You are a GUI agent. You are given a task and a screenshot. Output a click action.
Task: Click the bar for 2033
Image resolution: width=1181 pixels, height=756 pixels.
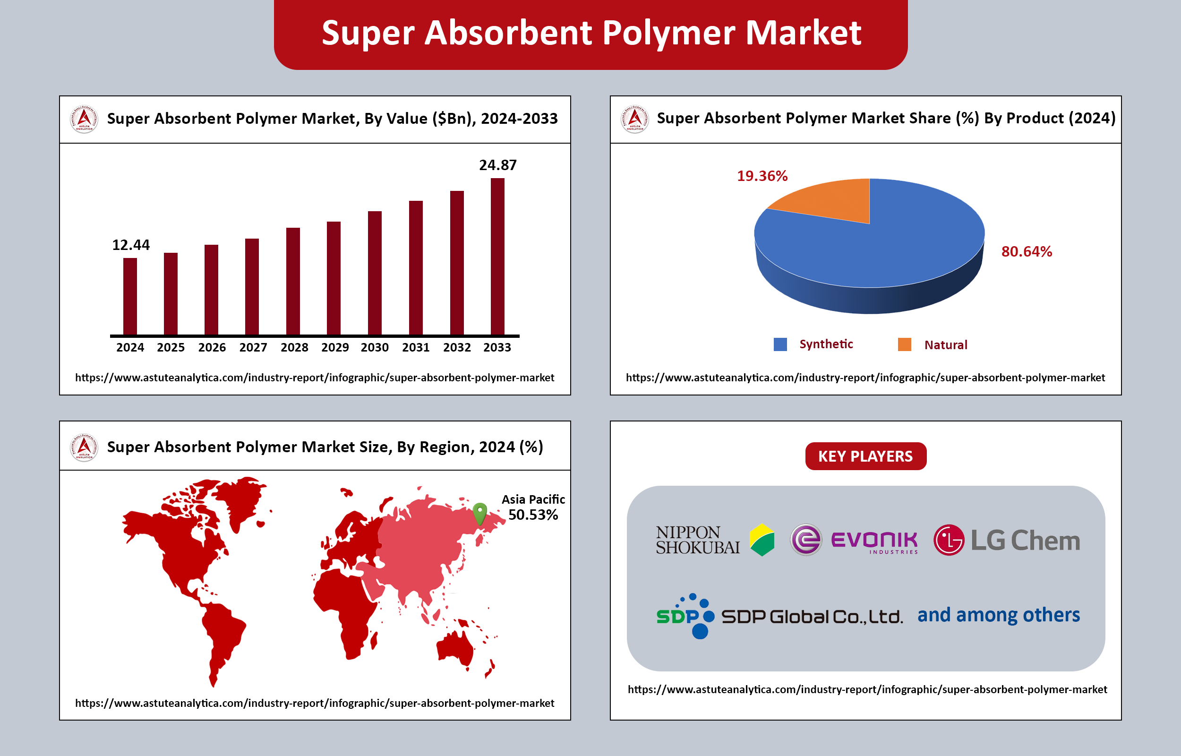point(497,256)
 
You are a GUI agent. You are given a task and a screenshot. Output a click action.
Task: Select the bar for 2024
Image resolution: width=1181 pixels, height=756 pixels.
point(130,297)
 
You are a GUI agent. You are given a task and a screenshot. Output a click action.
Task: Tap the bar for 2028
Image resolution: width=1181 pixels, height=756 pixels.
point(293,281)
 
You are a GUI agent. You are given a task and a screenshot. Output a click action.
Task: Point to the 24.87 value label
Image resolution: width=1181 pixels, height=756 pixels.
point(497,165)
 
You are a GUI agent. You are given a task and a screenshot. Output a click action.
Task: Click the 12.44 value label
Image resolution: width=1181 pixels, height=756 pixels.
point(130,245)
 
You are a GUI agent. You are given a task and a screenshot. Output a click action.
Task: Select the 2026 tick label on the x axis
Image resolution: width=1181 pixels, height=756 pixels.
point(212,348)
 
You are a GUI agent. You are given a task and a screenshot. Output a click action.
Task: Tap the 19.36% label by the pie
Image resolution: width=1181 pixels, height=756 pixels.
point(762,176)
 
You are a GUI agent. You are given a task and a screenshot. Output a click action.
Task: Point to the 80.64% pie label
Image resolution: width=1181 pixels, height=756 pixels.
point(1027,251)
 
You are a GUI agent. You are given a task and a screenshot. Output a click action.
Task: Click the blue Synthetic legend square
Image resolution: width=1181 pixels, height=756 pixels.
point(780,344)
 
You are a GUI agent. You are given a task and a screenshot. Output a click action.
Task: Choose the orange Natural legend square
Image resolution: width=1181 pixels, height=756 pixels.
point(904,344)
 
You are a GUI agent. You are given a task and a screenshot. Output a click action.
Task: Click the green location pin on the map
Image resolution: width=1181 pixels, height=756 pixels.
point(479,514)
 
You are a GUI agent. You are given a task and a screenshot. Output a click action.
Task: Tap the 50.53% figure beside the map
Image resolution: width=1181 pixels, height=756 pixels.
point(533,515)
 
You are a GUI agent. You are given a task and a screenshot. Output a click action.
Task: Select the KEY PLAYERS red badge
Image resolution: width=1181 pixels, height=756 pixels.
point(865,456)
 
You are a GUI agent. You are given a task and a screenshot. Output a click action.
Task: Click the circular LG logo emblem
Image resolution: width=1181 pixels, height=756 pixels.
point(949,540)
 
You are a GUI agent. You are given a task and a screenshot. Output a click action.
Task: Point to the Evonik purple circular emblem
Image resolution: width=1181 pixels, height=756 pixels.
point(805,540)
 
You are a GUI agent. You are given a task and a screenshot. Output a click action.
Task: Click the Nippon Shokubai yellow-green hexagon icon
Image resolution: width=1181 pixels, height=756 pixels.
point(762,540)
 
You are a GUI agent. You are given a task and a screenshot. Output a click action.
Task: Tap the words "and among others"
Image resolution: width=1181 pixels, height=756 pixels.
point(999,615)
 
